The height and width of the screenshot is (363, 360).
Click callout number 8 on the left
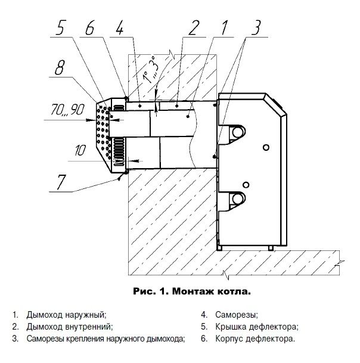click(x=60, y=67)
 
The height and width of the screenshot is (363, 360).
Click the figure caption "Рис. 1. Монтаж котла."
click(x=190, y=292)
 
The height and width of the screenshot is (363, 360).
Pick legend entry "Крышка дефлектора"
click(x=252, y=327)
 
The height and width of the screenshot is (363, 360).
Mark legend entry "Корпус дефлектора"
click(x=251, y=339)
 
